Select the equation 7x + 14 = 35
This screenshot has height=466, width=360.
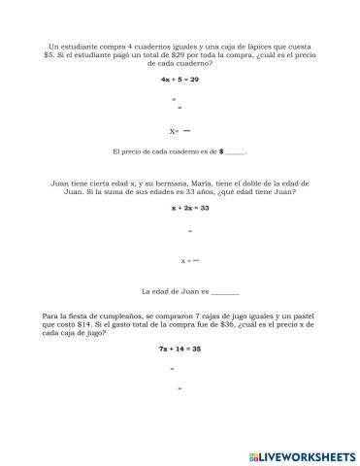point(181,348)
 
